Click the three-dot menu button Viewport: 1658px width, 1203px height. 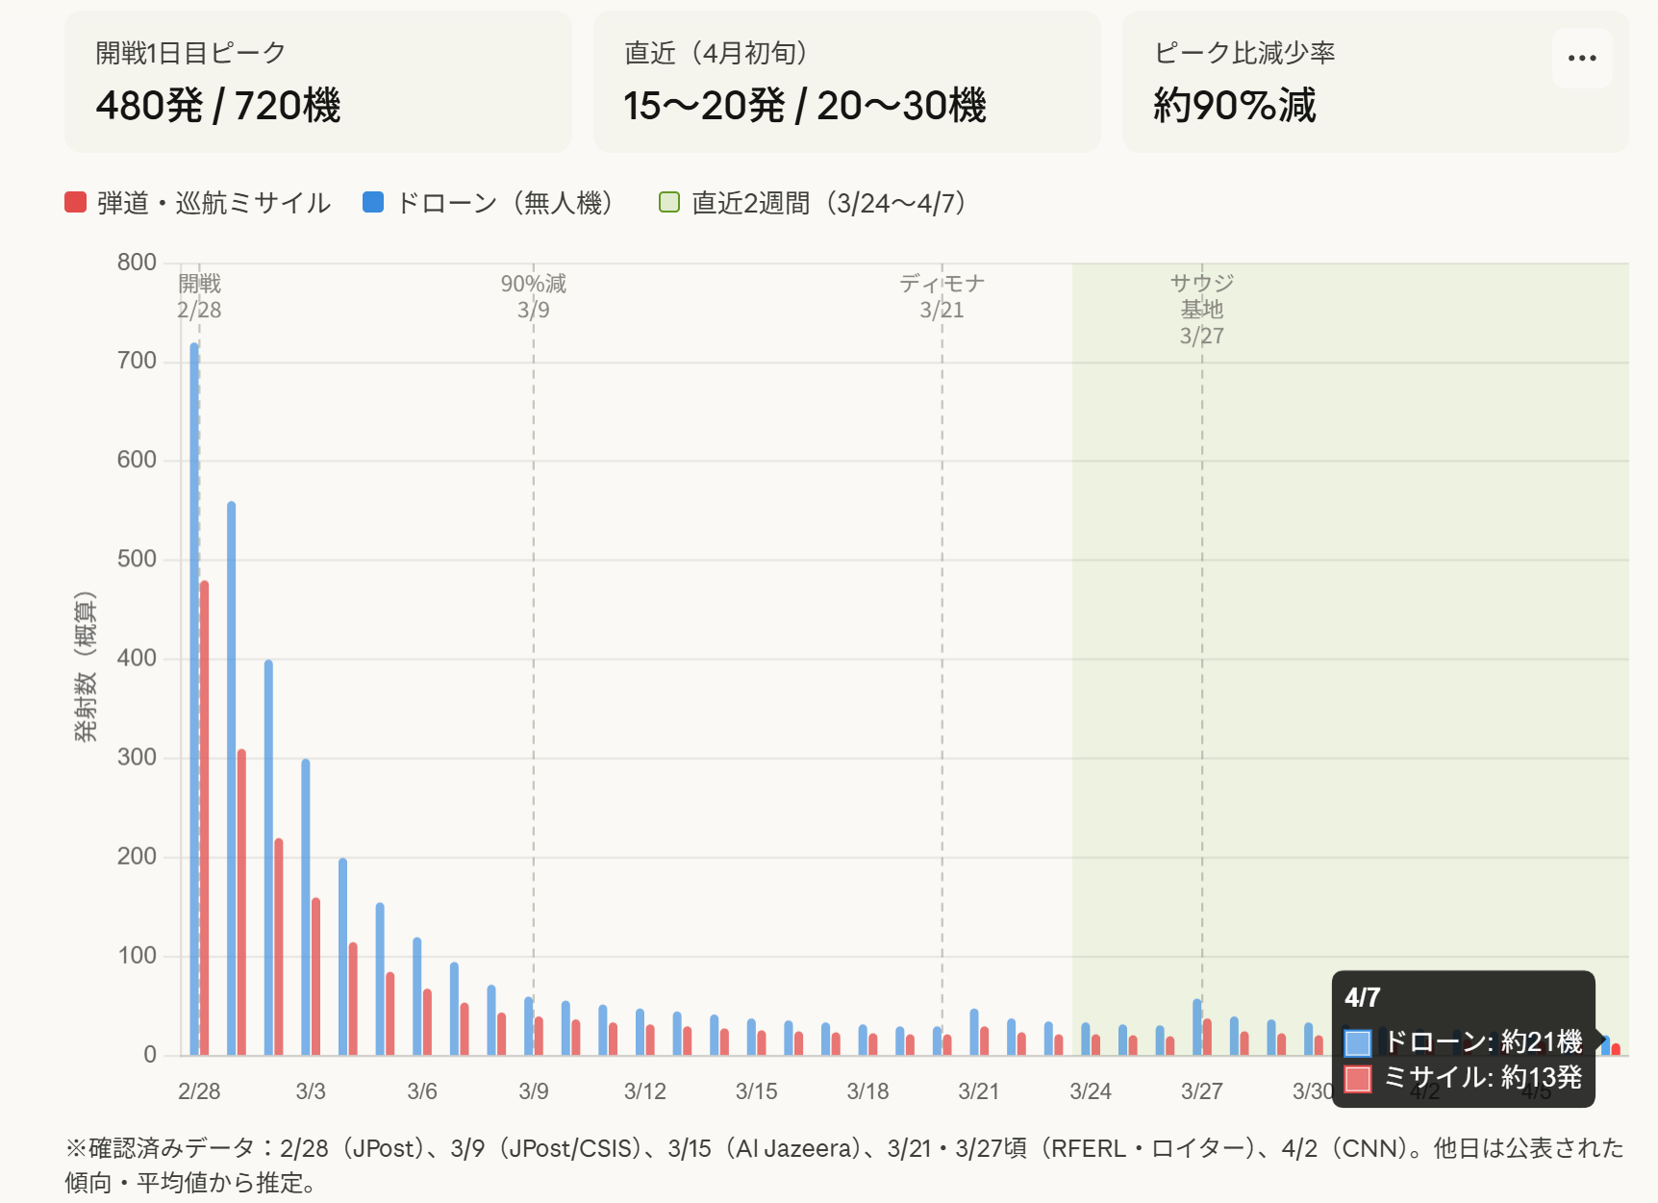pos(1581,58)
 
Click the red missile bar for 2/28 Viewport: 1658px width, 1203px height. pos(204,817)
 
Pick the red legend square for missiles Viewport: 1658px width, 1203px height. pos(76,202)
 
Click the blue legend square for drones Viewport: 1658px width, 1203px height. pos(373,202)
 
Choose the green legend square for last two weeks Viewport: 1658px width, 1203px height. pos(669,202)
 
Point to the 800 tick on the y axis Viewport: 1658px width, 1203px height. pos(137,263)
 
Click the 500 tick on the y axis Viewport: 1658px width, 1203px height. pos(137,559)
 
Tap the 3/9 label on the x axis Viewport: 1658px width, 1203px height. pos(534,1091)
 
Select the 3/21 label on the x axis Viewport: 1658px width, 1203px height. pos(979,1091)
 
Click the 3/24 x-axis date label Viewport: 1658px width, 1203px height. pos(1091,1091)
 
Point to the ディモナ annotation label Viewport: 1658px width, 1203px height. pos(942,284)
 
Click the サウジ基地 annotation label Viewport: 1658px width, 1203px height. pos(1202,296)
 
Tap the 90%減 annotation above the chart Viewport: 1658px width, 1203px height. pos(534,284)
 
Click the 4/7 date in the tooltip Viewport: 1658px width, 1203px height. pos(1363,997)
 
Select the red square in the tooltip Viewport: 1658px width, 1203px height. pos(1358,1079)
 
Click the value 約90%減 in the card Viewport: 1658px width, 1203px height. pos(1235,105)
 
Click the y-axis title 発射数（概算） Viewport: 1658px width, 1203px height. pos(86,666)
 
